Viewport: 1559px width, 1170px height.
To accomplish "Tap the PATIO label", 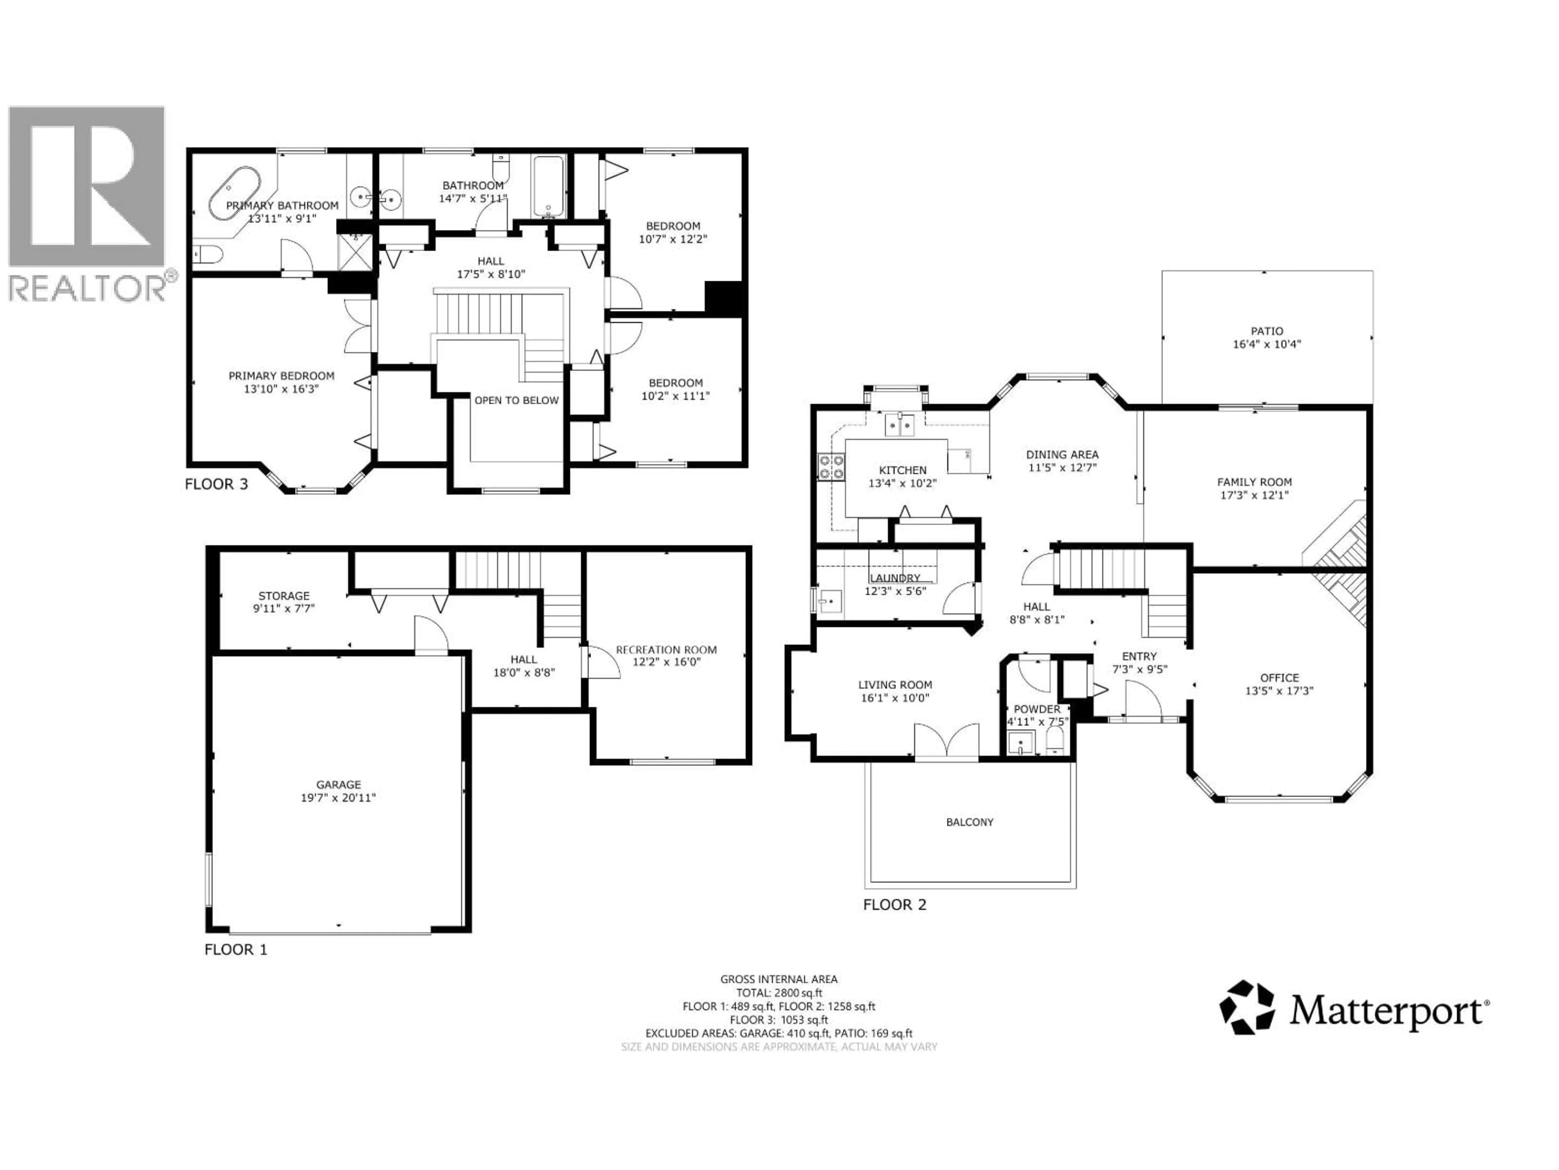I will (x=1267, y=331).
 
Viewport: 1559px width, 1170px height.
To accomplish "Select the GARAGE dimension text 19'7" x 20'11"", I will (x=338, y=797).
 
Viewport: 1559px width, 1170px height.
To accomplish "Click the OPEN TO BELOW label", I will (x=516, y=400).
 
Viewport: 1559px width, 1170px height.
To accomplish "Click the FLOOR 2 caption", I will (x=894, y=905).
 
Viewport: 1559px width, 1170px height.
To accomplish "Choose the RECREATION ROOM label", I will (x=666, y=650).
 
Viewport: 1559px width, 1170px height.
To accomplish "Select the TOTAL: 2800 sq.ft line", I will (x=779, y=993).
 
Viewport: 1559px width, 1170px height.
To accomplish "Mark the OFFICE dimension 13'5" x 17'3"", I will (x=1279, y=691).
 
